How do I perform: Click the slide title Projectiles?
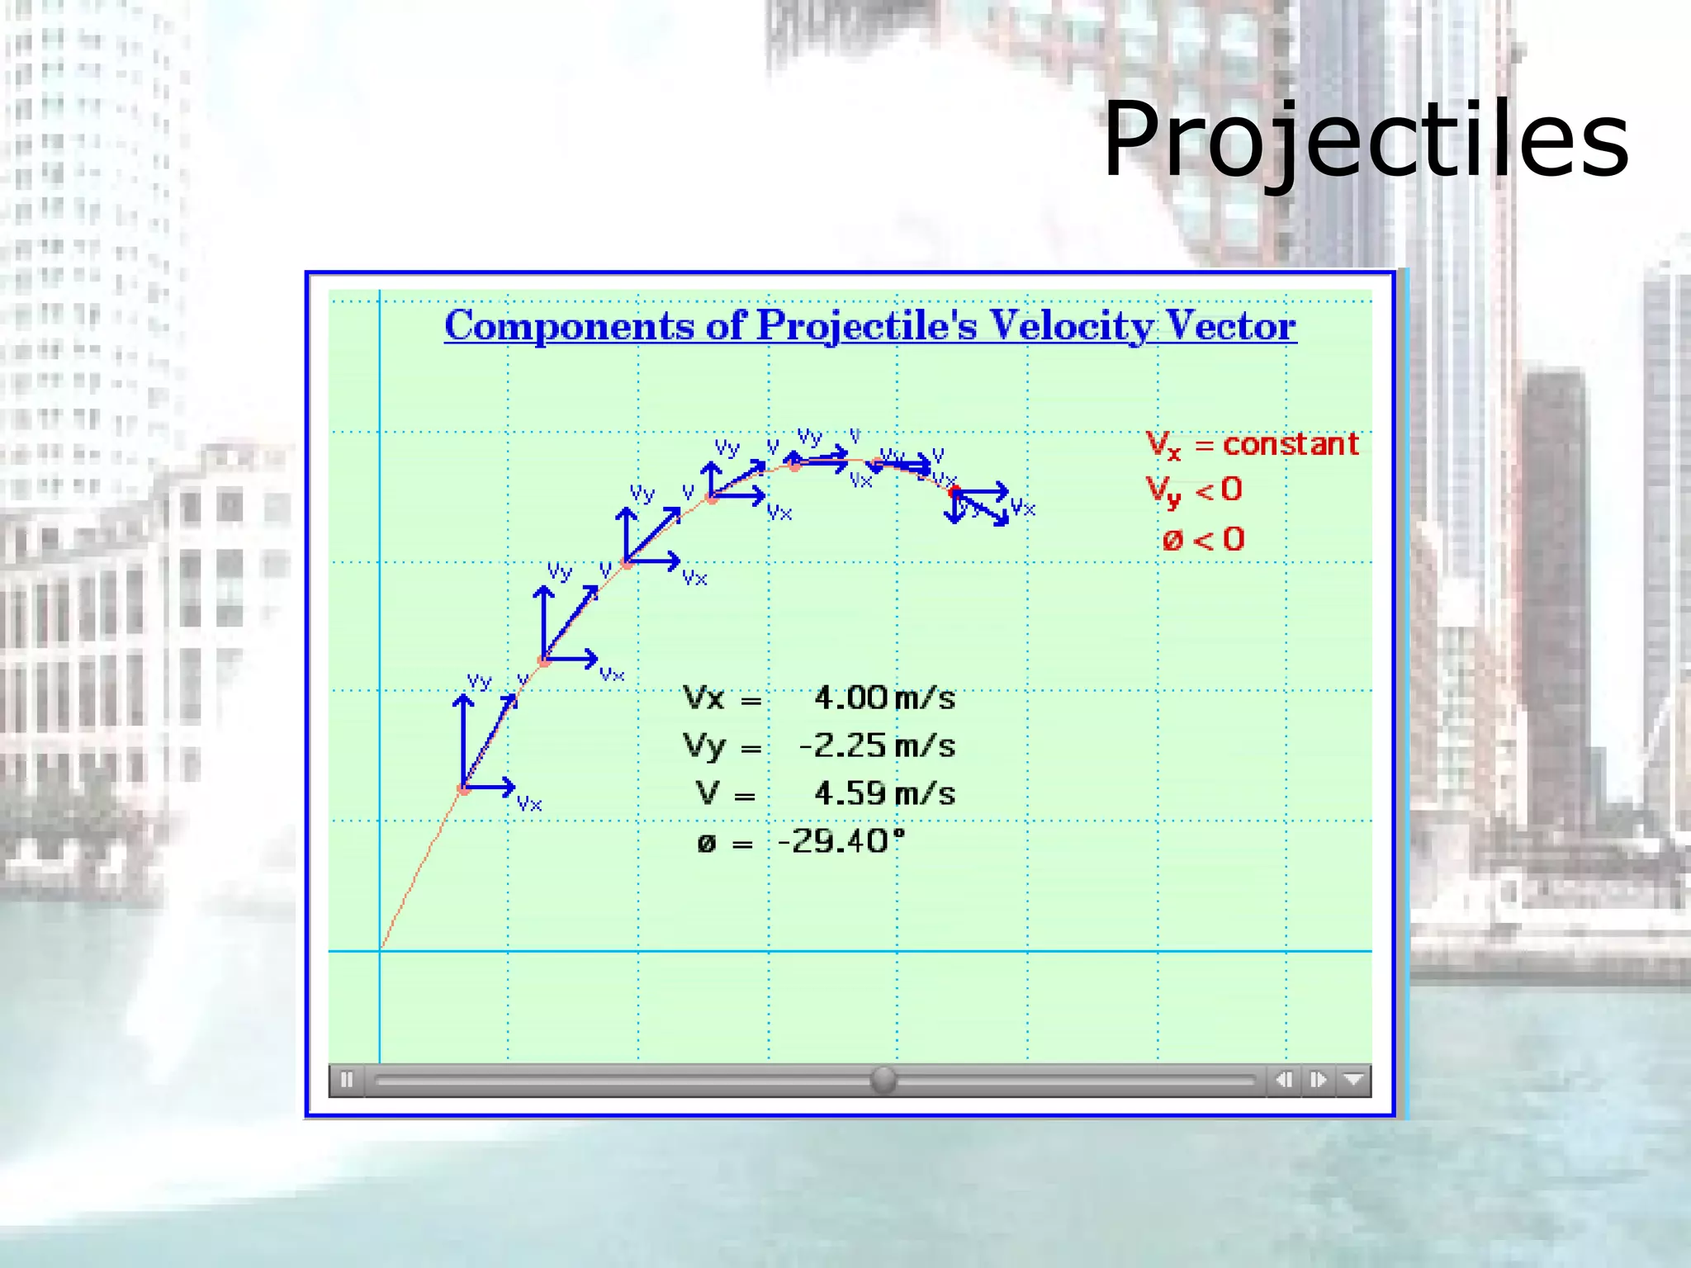coord(1365,140)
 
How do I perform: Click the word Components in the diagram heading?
coord(569,326)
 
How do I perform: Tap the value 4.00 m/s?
coord(883,698)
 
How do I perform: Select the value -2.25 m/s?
coord(876,746)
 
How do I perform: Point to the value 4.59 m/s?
coord(883,794)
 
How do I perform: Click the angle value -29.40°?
coord(841,842)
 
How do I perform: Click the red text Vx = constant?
coord(1252,445)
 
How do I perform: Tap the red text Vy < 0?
coord(1194,491)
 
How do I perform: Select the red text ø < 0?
coord(1202,540)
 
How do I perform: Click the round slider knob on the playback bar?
coord(883,1079)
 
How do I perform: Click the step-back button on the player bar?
coord(1283,1080)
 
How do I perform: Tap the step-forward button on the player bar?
coord(1318,1080)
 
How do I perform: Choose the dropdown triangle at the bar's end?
coord(1353,1080)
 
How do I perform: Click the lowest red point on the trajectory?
coord(464,789)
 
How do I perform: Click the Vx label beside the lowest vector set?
coord(528,804)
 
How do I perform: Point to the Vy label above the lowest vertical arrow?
coord(479,681)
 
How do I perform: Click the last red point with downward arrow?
coord(954,493)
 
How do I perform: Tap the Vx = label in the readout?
coord(720,699)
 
